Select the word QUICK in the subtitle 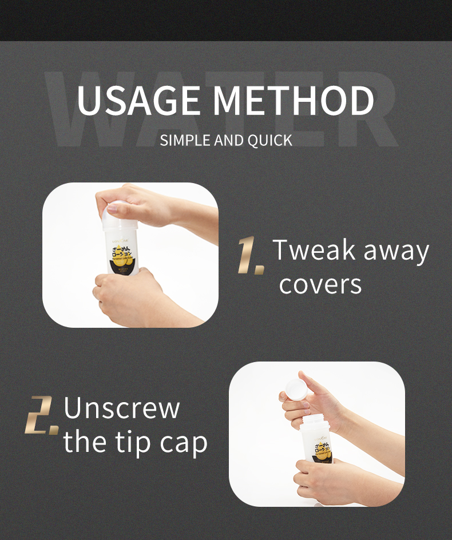(269, 140)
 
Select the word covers (320, 284)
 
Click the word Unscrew (121, 408)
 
